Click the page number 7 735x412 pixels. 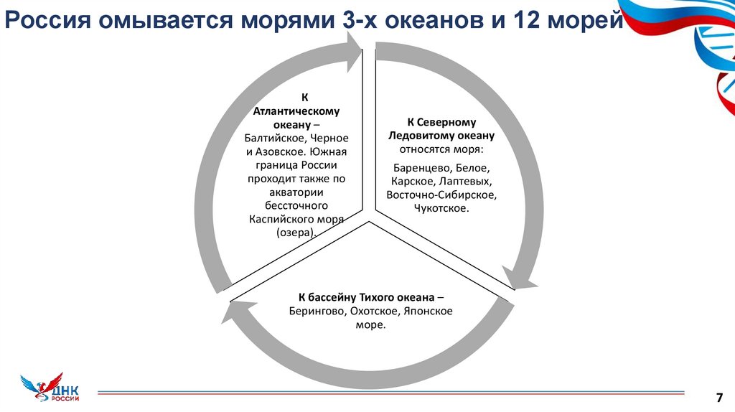tap(718, 396)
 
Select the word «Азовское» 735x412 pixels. tap(281, 151)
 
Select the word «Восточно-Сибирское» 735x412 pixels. tap(441, 195)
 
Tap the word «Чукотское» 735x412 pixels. tap(441, 209)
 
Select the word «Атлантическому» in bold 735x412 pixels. tap(296, 111)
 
